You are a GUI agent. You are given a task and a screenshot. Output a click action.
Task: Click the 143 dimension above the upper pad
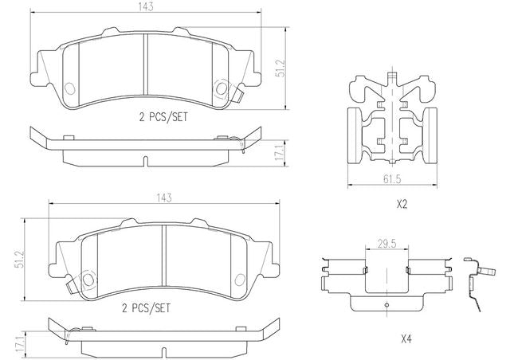pyautogui.click(x=146, y=7)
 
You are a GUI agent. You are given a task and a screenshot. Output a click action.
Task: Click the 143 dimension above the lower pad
pyautogui.click(x=164, y=198)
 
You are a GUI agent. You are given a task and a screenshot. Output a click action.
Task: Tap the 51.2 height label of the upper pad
pyautogui.click(x=280, y=68)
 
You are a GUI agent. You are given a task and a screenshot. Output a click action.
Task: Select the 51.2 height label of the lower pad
pyautogui.click(x=21, y=259)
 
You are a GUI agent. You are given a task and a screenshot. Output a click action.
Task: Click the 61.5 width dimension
pyautogui.click(x=392, y=179)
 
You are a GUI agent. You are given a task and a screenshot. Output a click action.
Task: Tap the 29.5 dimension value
pyautogui.click(x=386, y=244)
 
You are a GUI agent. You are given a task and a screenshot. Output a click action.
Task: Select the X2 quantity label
pyautogui.click(x=402, y=204)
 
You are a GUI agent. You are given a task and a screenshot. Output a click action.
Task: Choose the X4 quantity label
pyautogui.click(x=406, y=339)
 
